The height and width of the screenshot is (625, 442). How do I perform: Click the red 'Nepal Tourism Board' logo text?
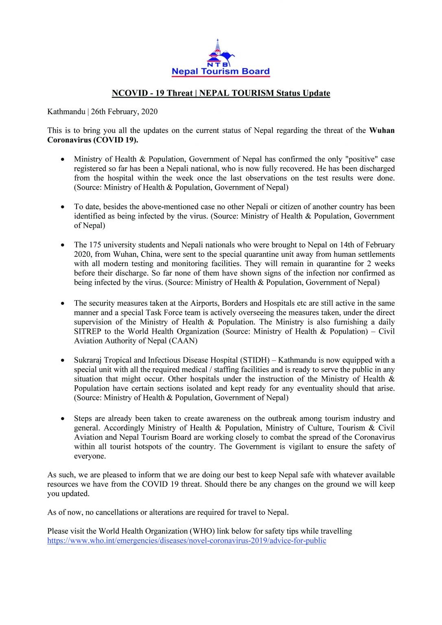click(221, 72)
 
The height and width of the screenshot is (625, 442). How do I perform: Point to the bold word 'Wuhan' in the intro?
click(382, 131)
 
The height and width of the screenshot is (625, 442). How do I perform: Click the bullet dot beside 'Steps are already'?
click(62, 419)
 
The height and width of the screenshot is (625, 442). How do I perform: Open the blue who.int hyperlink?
click(186, 541)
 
